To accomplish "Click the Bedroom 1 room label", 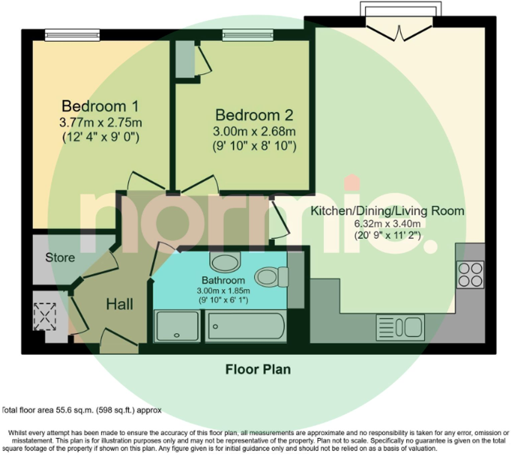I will pos(100,106).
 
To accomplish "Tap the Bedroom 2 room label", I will pos(254,115).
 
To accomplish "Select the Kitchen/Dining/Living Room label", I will pos(387,211).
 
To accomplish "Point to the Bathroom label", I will pos(223,280).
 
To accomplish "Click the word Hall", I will pos(119,304).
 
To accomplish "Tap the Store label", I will pos(60,258).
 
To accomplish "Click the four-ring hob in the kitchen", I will pos(471,274).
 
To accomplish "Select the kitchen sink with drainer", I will pos(400,327).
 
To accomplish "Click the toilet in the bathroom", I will pos(271,277).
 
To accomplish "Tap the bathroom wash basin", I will pos(225,261).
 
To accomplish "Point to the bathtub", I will pos(246,326).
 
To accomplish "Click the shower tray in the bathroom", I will pos(177,326).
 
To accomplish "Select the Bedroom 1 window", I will pos(72,35).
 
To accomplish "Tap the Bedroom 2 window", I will pos(248,35).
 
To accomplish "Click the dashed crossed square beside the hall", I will pos(45,316).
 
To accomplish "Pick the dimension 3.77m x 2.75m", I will pos(101,123).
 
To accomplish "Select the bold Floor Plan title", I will pos(258,369).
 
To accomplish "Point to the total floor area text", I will pos(82,410).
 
